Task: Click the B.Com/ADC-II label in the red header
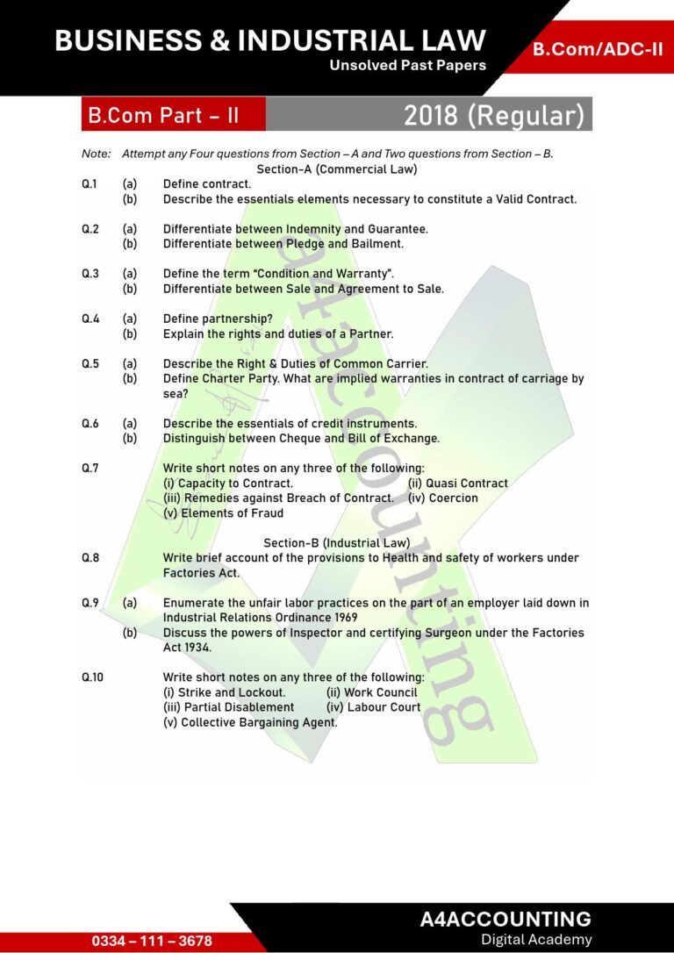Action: (x=598, y=49)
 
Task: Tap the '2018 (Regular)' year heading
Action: (x=493, y=115)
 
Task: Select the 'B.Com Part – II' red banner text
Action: (x=162, y=115)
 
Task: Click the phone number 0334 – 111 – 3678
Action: (x=152, y=941)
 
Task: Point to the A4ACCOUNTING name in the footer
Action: (x=505, y=919)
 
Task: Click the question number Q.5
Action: (x=90, y=363)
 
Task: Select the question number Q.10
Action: (x=93, y=677)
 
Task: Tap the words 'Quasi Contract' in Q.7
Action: (x=467, y=483)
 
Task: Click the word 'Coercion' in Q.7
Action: (x=454, y=498)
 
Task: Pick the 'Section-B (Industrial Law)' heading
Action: (x=336, y=543)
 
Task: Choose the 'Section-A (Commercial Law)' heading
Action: (x=336, y=168)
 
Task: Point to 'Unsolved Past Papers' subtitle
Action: (x=407, y=66)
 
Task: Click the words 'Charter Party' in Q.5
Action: (x=235, y=378)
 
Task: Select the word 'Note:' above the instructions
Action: (x=97, y=154)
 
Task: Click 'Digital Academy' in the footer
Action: (x=536, y=940)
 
